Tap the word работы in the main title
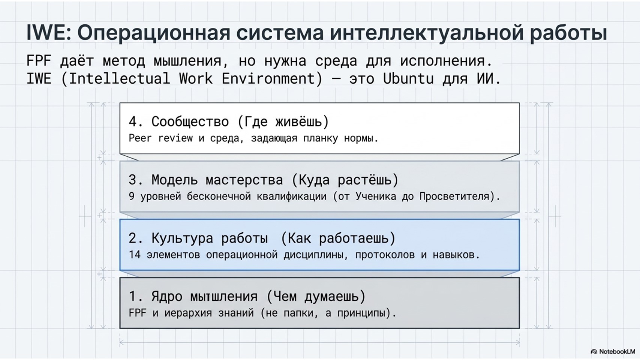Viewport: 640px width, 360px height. tap(568, 33)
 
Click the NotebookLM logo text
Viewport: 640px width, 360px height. tap(617, 351)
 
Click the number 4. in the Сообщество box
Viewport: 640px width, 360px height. tap(136, 121)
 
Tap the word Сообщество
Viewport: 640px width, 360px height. tap(190, 121)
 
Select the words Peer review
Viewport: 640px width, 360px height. tap(160, 138)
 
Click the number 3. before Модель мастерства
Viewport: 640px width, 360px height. tap(136, 180)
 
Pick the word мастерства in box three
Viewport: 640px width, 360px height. tap(244, 180)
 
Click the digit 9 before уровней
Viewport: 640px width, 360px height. tap(132, 196)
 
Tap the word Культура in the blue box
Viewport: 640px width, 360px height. tap(182, 238)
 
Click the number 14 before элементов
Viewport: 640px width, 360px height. tap(135, 255)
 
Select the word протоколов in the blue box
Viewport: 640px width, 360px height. tap(385, 255)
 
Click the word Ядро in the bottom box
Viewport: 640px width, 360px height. tap(167, 296)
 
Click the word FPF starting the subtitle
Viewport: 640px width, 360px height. tap(39, 61)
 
